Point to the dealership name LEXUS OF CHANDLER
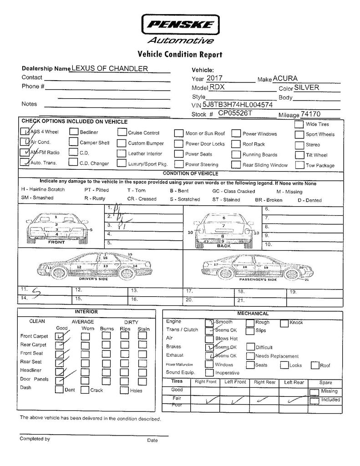110,68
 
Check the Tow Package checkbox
299,165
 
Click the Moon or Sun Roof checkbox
178,134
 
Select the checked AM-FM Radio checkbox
25,152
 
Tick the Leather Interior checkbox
121,153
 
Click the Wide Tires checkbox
299,124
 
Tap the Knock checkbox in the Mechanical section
284,323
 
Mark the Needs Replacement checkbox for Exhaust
250,356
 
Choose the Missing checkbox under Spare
314,392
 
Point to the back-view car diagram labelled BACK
223,228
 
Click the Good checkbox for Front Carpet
60,336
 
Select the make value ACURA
285,79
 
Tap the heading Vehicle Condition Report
180,55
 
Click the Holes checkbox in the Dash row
124,390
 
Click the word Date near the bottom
152,440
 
